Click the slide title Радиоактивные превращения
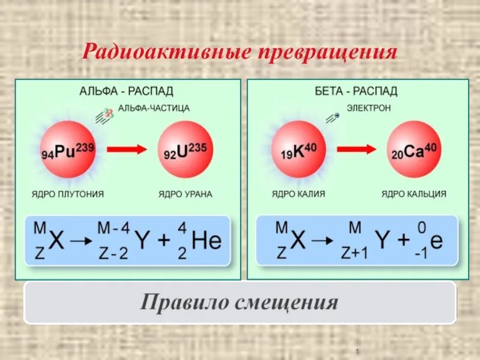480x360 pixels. (239, 52)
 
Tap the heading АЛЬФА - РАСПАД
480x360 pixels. (126, 91)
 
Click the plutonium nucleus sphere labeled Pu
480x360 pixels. (68, 150)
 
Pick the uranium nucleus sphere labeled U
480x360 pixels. (185, 150)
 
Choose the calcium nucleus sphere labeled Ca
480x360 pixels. (414, 150)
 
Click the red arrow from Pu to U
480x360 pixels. (126, 149)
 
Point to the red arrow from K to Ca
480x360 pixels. (356, 149)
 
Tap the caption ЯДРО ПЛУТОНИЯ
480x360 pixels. (68, 194)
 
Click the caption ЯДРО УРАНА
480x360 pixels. (185, 194)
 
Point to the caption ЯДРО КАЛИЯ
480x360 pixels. (298, 194)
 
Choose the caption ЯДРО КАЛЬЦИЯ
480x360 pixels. (414, 194)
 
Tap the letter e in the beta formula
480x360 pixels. (436, 241)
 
